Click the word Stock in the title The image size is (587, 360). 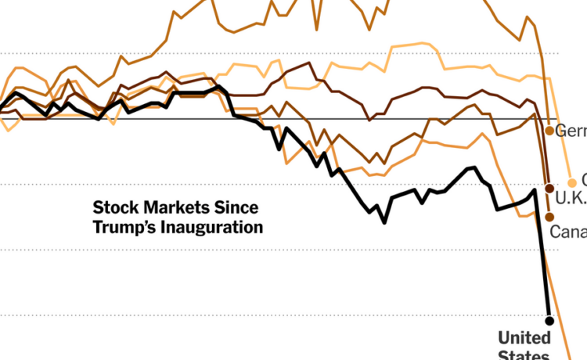pyautogui.click(x=115, y=208)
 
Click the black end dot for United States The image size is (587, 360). pyautogui.click(x=549, y=320)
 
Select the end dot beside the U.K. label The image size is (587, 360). pyautogui.click(x=549, y=187)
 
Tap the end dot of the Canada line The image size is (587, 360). pyautogui.click(x=549, y=217)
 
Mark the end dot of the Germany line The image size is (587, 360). pyautogui.click(x=550, y=130)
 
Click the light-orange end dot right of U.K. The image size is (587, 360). pyautogui.click(x=571, y=182)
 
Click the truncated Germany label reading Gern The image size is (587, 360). pyautogui.click(x=571, y=131)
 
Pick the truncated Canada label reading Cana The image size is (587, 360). pyautogui.click(x=569, y=231)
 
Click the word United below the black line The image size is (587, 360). pyautogui.click(x=524, y=338)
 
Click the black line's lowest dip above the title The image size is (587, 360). pyautogui.click(x=384, y=222)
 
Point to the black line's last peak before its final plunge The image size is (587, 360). pyautogui.click(x=535, y=189)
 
